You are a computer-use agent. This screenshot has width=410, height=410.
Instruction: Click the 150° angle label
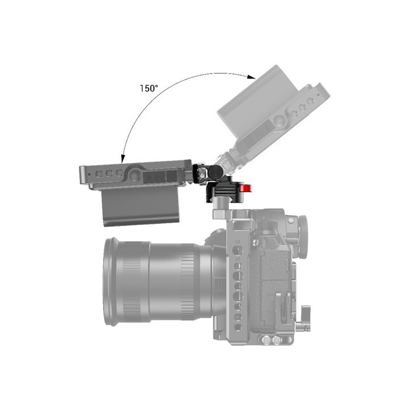point(149,88)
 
